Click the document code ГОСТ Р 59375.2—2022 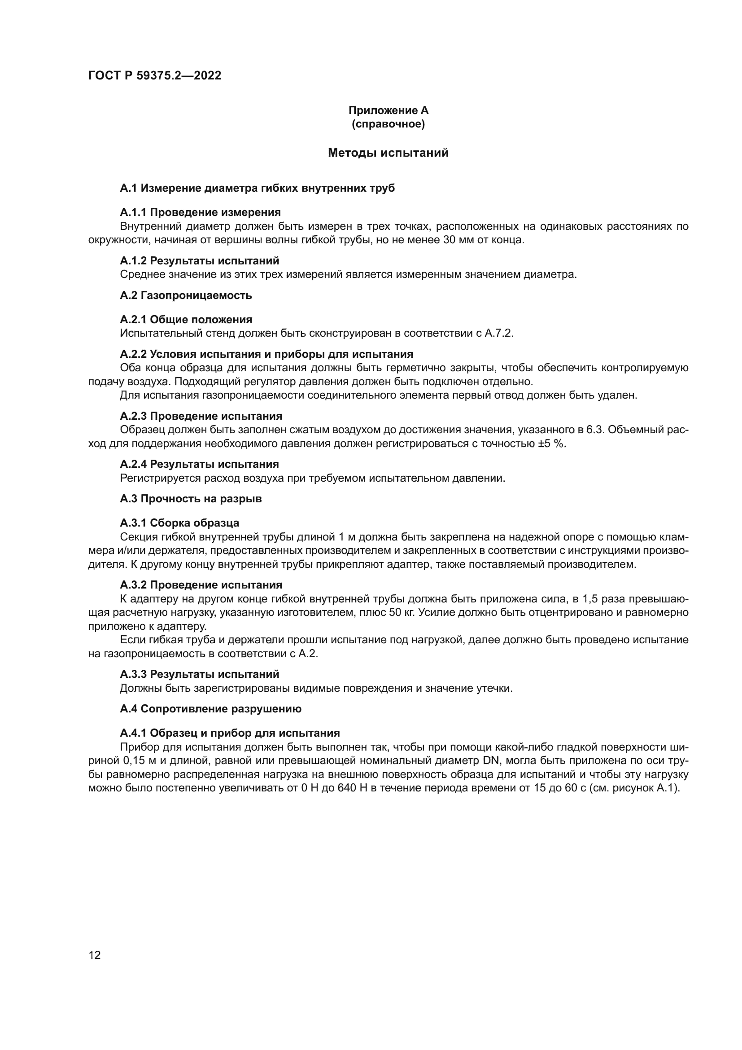click(x=154, y=75)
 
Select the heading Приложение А click(x=388, y=110)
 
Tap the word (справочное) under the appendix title click(x=388, y=124)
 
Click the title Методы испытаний click(x=388, y=153)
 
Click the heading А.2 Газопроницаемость click(x=186, y=295)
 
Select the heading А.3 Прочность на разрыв click(x=191, y=499)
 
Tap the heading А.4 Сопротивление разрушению click(x=211, y=709)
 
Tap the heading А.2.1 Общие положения click(x=186, y=320)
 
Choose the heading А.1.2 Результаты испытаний click(x=200, y=261)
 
